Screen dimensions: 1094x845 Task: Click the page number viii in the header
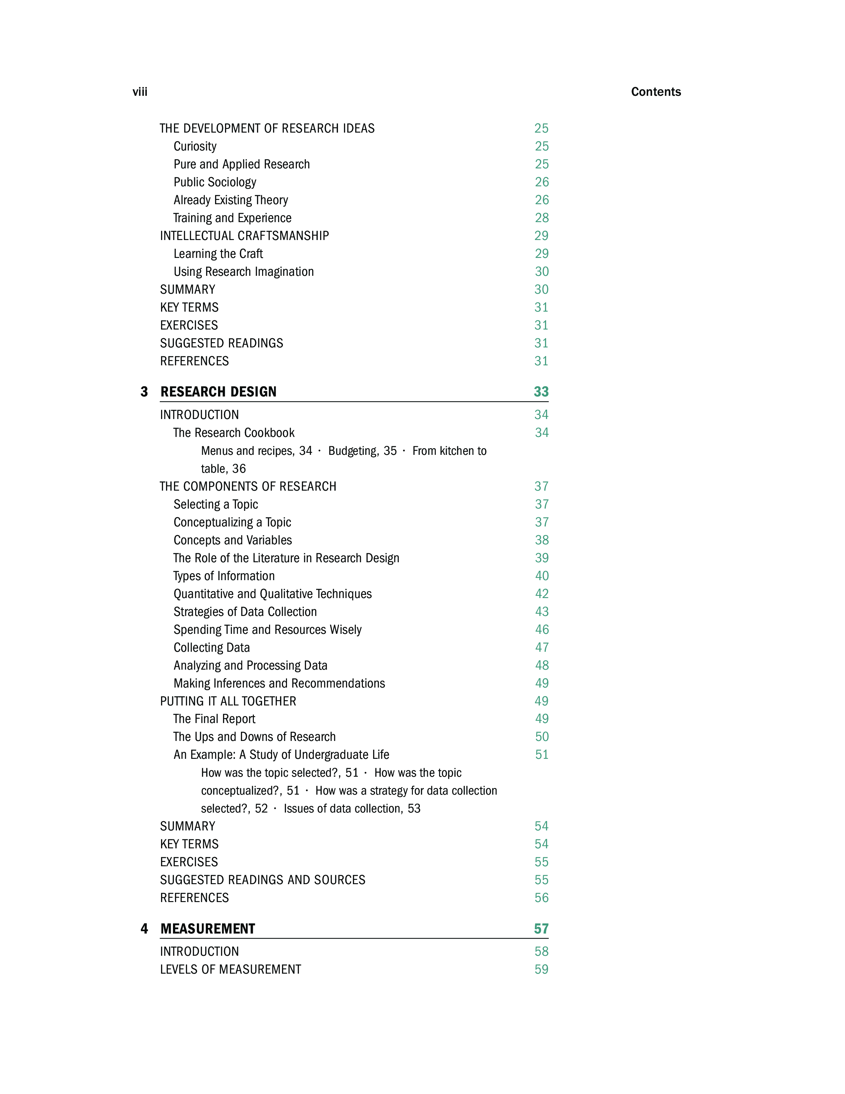140,92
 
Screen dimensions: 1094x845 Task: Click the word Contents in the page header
656,92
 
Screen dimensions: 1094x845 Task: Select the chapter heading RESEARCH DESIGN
218,392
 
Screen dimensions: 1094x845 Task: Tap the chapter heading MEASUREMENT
208,929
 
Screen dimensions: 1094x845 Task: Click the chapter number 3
144,392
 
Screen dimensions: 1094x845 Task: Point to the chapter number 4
144,929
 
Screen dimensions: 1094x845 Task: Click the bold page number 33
541,392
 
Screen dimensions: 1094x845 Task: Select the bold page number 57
541,929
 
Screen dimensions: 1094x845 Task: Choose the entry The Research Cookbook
234,433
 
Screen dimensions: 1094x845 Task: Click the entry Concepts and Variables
233,540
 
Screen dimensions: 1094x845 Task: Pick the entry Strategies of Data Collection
245,612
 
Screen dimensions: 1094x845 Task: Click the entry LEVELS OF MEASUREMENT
231,969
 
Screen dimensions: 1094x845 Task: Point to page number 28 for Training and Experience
542,218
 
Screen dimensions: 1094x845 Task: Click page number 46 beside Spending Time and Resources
542,630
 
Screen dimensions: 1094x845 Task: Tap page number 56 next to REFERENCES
542,898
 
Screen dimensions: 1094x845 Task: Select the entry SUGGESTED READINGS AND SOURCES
263,880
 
